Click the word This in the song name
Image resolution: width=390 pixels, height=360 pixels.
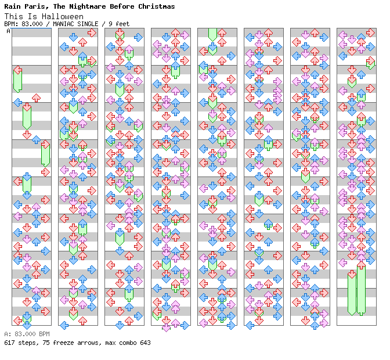click(13, 17)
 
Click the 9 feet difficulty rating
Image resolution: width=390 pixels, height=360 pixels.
click(118, 24)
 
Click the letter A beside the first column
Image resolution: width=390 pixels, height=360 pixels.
click(8, 31)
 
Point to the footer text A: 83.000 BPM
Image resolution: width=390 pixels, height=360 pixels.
click(27, 334)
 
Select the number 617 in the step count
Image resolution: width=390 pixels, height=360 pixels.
click(9, 343)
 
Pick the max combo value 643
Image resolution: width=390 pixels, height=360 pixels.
click(145, 343)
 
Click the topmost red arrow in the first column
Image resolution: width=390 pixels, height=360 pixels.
click(17, 70)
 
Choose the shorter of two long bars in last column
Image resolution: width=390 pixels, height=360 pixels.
click(352, 293)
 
